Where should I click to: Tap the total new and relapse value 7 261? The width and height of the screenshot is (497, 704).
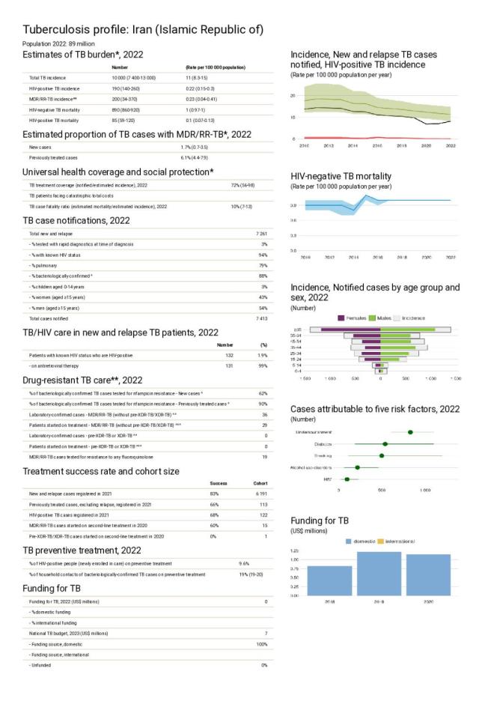pyautogui.click(x=261, y=234)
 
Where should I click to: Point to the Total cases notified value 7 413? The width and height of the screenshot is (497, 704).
pyautogui.click(x=261, y=318)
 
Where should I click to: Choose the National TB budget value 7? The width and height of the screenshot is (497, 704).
pyautogui.click(x=265, y=634)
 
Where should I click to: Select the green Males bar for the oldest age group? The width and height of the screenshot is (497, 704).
pyautogui.click(x=408, y=329)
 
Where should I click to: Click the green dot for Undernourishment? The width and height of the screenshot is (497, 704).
pyautogui.click(x=410, y=432)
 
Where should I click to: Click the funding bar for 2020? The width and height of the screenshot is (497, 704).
pyautogui.click(x=428, y=574)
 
